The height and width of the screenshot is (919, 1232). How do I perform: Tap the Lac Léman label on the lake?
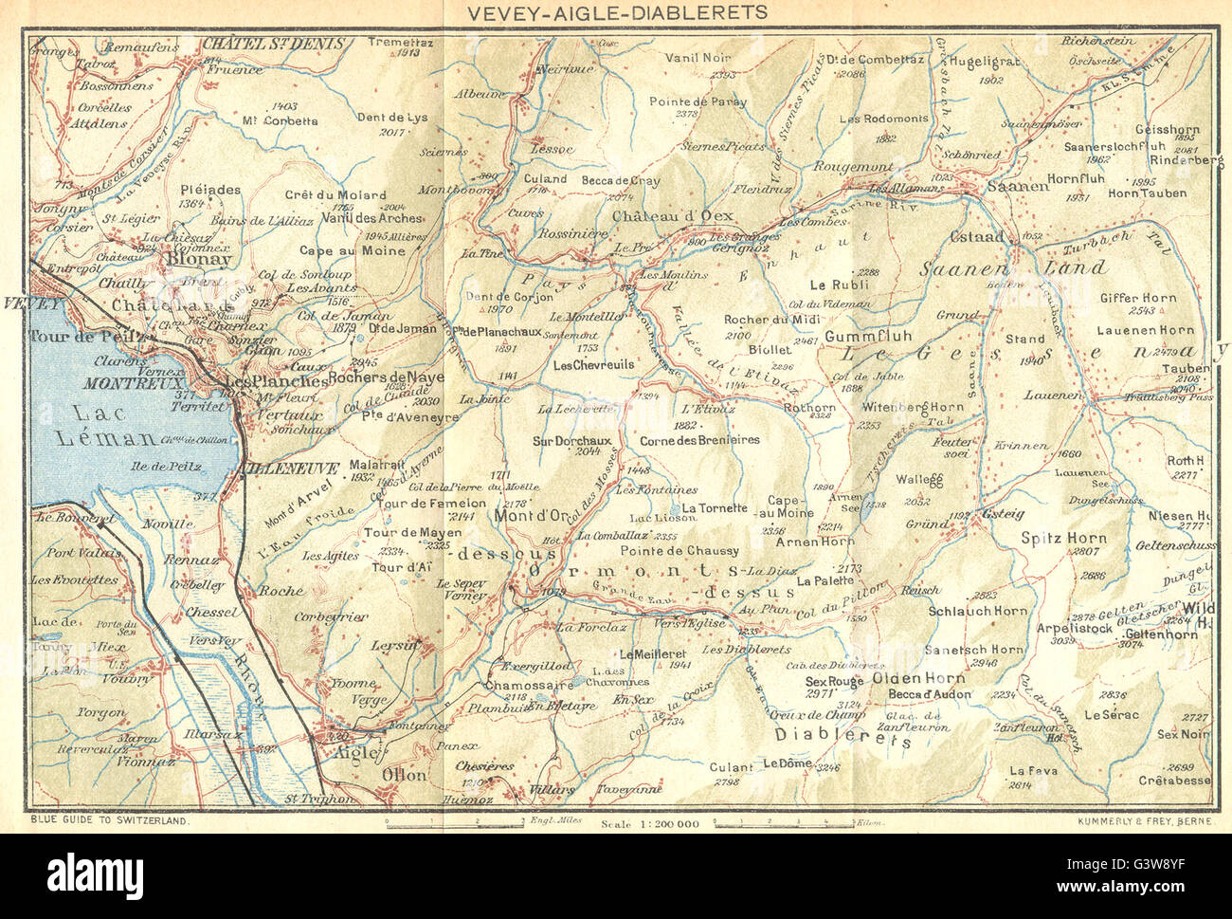(x=106, y=424)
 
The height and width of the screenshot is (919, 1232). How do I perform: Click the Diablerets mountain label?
(x=842, y=736)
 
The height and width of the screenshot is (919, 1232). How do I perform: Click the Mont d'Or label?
(x=531, y=515)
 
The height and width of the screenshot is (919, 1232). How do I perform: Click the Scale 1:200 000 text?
(x=650, y=824)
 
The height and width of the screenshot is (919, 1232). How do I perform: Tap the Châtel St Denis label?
(x=274, y=43)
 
